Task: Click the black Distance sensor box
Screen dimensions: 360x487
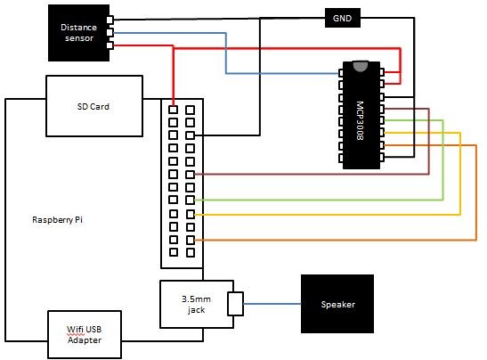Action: point(77,32)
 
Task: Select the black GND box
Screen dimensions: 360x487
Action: point(341,17)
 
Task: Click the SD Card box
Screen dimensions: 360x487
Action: point(93,106)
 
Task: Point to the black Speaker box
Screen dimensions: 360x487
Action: point(337,305)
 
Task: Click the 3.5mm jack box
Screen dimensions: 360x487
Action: point(194,304)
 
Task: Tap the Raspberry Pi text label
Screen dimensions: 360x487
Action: point(62,219)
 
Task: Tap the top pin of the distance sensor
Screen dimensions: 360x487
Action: point(109,20)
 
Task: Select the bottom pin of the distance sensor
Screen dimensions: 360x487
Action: point(109,45)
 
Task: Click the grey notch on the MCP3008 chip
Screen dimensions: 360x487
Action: point(360,65)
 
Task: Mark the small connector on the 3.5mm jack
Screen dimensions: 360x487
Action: point(235,305)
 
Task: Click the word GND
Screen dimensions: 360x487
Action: point(341,17)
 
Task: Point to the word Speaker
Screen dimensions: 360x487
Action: point(337,305)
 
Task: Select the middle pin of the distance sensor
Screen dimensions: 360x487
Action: point(109,33)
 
